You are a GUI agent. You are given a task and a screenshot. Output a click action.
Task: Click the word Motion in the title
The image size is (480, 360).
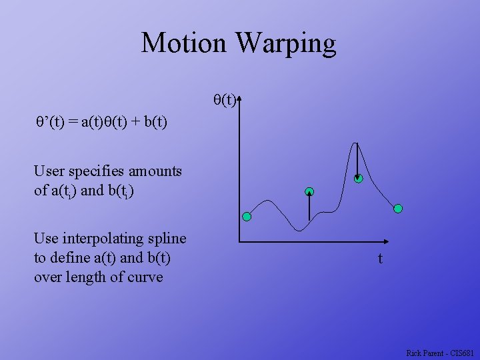pos(184,43)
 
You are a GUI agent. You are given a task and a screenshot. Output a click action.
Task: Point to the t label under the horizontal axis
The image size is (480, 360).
pos(380,259)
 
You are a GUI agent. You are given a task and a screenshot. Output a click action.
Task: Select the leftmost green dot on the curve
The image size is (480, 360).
pos(247,217)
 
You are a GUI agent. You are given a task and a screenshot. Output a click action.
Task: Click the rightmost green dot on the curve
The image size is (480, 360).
pos(398,209)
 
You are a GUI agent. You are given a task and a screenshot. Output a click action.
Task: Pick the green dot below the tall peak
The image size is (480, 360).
pos(358,178)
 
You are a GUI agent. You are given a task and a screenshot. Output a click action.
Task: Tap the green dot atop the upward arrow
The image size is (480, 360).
pos(309,193)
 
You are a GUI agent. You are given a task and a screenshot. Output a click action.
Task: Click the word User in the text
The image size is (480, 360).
pos(49,171)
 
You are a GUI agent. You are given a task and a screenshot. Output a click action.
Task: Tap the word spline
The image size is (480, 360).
pos(169,239)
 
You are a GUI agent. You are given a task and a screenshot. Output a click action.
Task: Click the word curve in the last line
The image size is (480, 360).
pos(146,277)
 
